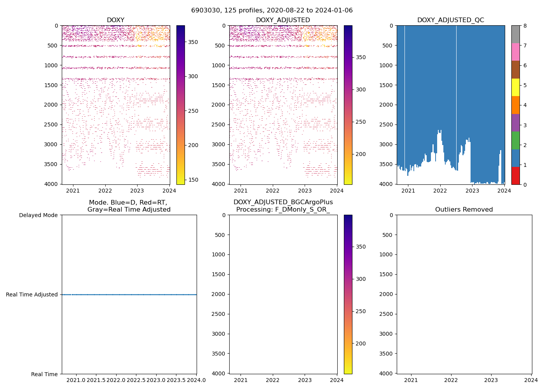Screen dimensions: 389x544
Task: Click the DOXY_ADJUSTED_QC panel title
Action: coord(450,20)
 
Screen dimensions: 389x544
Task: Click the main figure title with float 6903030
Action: coord(272,11)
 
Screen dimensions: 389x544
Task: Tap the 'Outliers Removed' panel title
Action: coord(464,210)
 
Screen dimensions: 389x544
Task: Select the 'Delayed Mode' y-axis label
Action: coord(38,215)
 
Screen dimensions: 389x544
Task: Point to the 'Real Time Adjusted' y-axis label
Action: coord(32,294)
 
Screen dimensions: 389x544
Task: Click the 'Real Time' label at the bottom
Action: coord(44,374)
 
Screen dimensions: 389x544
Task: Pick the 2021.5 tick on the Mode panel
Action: coord(96,380)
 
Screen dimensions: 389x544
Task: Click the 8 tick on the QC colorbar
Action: coord(525,26)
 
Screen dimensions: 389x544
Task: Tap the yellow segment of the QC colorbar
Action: coord(515,87)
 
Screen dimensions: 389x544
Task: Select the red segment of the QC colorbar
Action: coord(515,175)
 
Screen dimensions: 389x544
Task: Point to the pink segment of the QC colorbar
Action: coord(515,52)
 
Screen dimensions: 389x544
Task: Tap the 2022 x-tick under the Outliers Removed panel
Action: coord(451,380)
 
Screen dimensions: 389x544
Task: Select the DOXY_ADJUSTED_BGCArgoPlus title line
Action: coord(283,202)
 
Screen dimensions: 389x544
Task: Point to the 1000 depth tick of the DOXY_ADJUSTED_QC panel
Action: coord(387,65)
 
